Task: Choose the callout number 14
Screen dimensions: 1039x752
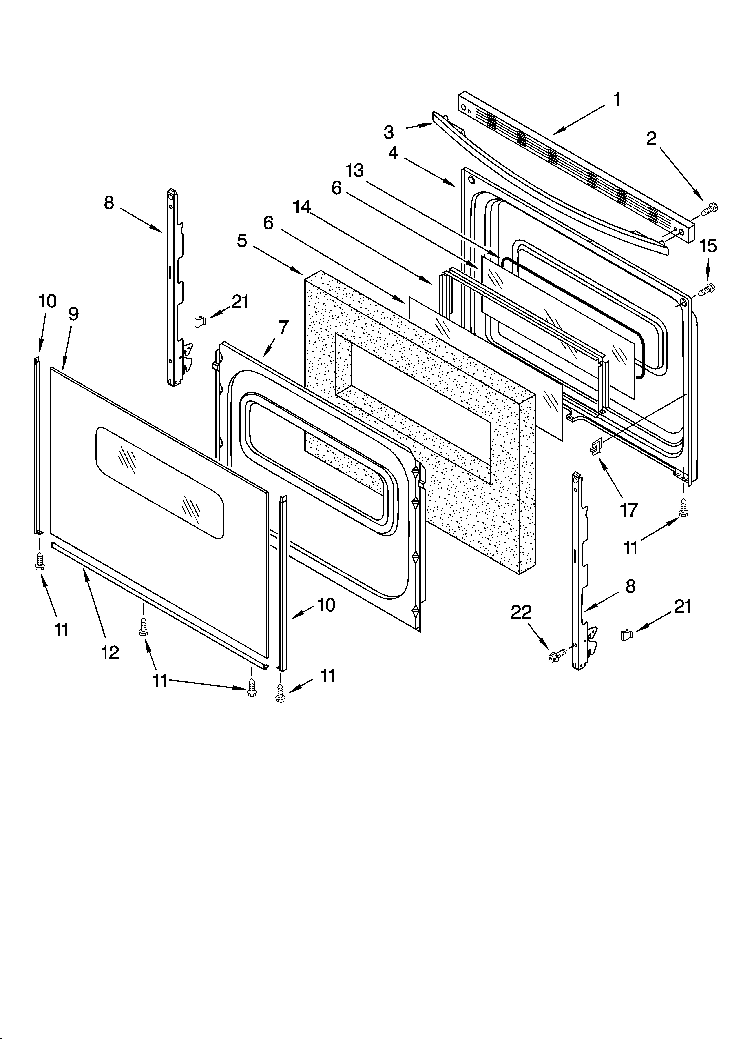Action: tap(302, 207)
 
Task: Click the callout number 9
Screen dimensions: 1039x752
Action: tap(73, 314)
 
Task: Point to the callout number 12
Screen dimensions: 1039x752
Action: tap(110, 652)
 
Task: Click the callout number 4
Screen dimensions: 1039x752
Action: tap(393, 153)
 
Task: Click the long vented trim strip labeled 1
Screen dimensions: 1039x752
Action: tap(582, 165)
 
